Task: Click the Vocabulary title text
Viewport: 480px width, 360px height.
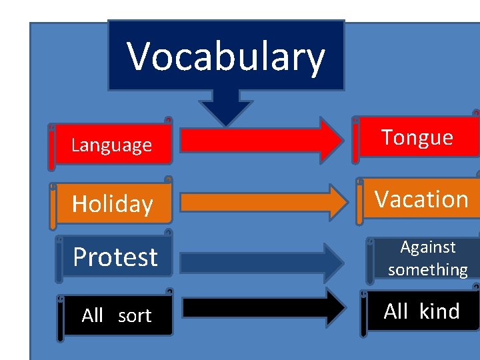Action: tap(226, 56)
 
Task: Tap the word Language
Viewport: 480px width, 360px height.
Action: tap(111, 145)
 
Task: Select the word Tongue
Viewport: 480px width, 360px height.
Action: tap(417, 137)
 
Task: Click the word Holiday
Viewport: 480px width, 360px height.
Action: tap(112, 204)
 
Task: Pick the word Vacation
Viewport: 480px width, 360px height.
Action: tap(421, 199)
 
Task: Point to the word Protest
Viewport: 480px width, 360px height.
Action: tap(115, 257)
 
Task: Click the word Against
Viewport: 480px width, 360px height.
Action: tap(428, 247)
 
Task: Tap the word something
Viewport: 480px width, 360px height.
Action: tap(428, 269)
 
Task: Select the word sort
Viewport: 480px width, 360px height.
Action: tap(135, 316)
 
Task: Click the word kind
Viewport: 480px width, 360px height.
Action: tap(439, 311)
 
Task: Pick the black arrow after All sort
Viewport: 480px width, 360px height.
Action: tap(263, 307)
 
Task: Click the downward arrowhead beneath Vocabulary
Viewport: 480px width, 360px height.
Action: tap(226, 110)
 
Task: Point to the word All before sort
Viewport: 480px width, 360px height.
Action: tap(93, 316)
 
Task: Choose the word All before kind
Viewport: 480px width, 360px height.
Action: tap(396, 311)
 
